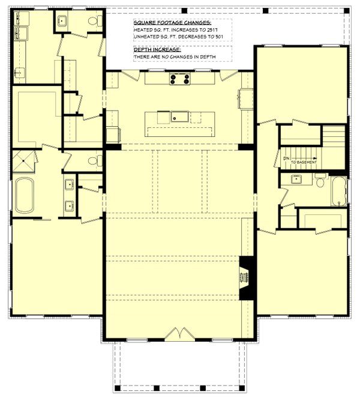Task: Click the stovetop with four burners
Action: pyautogui.click(x=180, y=79)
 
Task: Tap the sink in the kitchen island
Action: pyautogui.click(x=179, y=117)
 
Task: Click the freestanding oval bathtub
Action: pyautogui.click(x=25, y=195)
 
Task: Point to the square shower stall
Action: pyautogui.click(x=23, y=161)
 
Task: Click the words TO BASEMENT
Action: pyautogui.click(x=304, y=162)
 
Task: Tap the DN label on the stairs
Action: pyautogui.click(x=286, y=159)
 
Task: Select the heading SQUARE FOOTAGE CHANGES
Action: pyautogui.click(x=172, y=23)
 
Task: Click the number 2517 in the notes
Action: pyautogui.click(x=212, y=30)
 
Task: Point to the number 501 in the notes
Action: pyautogui.click(x=219, y=37)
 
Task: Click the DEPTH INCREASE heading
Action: pyautogui.click(x=157, y=49)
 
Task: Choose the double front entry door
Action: pyautogui.click(x=179, y=334)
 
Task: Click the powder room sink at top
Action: pyautogui.click(x=62, y=20)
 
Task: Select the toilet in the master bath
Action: pyautogui.click(x=95, y=161)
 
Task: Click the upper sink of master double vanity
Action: pyautogui.click(x=69, y=184)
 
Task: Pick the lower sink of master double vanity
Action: pyautogui.click(x=69, y=206)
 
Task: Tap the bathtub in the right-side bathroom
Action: pyautogui.click(x=339, y=192)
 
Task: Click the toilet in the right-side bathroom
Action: pyautogui.click(x=320, y=180)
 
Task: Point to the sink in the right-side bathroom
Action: pyautogui.click(x=296, y=179)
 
